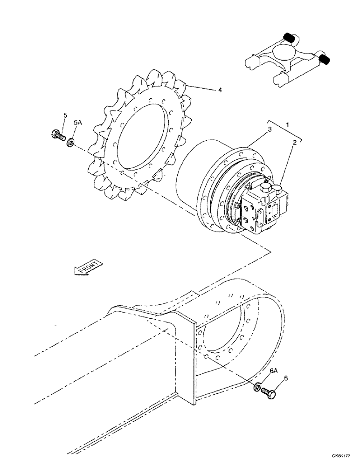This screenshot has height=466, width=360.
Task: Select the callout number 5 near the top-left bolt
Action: (65, 115)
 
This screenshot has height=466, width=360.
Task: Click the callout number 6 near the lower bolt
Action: (285, 378)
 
